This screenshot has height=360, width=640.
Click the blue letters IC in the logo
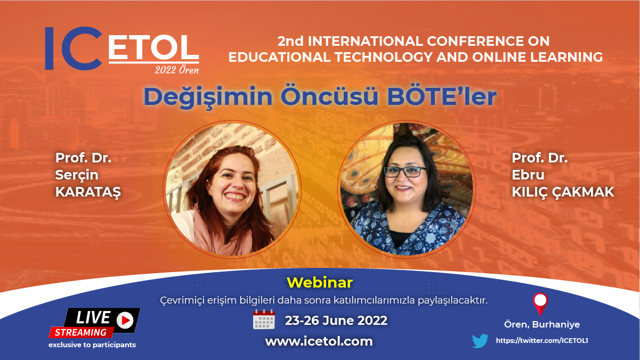(73, 48)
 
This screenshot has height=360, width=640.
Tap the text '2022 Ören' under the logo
(177, 70)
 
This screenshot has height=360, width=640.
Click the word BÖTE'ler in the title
(442, 96)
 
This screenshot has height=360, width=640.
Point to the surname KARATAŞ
(88, 192)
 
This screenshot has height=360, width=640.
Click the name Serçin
(77, 175)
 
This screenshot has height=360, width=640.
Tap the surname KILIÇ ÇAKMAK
(563, 192)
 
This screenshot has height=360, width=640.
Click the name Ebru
(528, 175)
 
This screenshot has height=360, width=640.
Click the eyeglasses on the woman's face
(406, 171)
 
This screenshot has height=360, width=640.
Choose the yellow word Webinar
(319, 282)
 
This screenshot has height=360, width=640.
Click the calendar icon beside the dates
(264, 319)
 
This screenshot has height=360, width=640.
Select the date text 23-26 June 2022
(336, 320)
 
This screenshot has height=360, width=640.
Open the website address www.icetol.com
(319, 341)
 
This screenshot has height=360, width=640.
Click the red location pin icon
(540, 304)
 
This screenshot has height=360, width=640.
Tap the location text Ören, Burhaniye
(542, 324)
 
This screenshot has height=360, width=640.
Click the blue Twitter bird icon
(480, 341)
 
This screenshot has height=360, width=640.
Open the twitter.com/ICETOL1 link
(542, 340)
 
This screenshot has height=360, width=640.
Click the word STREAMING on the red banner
(80, 332)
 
